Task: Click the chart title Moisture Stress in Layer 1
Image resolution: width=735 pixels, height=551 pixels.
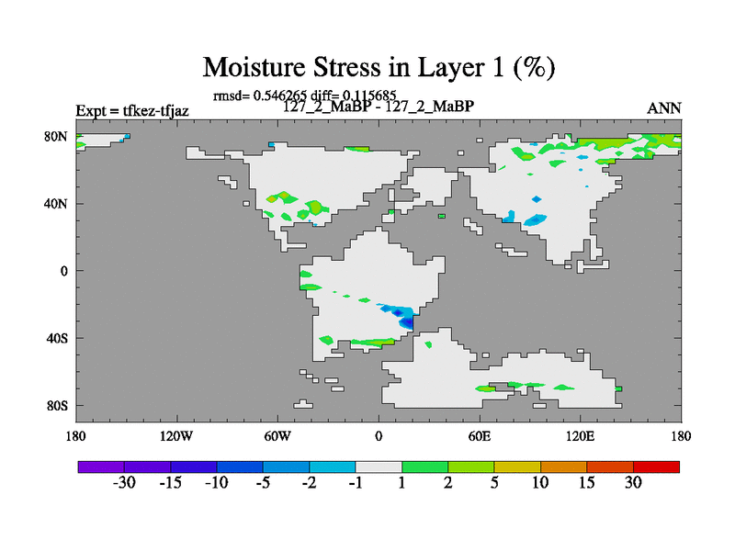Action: pyautogui.click(x=379, y=67)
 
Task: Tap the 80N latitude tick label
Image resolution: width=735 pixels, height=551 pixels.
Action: pyautogui.click(x=56, y=136)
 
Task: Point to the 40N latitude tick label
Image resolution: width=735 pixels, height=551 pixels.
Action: pyautogui.click(x=56, y=204)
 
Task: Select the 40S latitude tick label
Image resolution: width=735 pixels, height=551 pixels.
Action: pyautogui.click(x=57, y=338)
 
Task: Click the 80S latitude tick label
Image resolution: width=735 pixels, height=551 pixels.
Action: pyautogui.click(x=57, y=406)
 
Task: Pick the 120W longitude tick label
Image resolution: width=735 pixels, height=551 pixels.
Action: pyautogui.click(x=176, y=436)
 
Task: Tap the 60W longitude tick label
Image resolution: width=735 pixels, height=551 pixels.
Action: pyautogui.click(x=277, y=436)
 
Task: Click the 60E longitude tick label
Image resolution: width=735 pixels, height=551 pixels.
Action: pyautogui.click(x=480, y=436)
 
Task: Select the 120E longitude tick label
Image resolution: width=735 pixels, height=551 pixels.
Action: pyautogui.click(x=581, y=436)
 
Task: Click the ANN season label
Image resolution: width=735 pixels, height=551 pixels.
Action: pyautogui.click(x=663, y=108)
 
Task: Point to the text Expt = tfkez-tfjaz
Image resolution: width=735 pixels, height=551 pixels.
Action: pyautogui.click(x=132, y=111)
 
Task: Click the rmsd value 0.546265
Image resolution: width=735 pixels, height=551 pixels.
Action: pyautogui.click(x=280, y=96)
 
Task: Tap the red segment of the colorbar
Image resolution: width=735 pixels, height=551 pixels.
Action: pyautogui.click(x=656, y=467)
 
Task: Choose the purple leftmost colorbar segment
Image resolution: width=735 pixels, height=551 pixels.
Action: pyautogui.click(x=101, y=467)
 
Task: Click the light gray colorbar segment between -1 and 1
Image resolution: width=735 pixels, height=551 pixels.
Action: pyautogui.click(x=379, y=467)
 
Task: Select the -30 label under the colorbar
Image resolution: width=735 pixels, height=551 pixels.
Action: pyautogui.click(x=124, y=482)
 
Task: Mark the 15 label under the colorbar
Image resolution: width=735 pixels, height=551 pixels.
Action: pyautogui.click(x=587, y=482)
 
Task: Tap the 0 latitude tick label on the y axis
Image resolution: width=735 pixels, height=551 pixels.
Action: pyautogui.click(x=63, y=271)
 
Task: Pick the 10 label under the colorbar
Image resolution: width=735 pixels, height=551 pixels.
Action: pyautogui.click(x=540, y=482)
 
